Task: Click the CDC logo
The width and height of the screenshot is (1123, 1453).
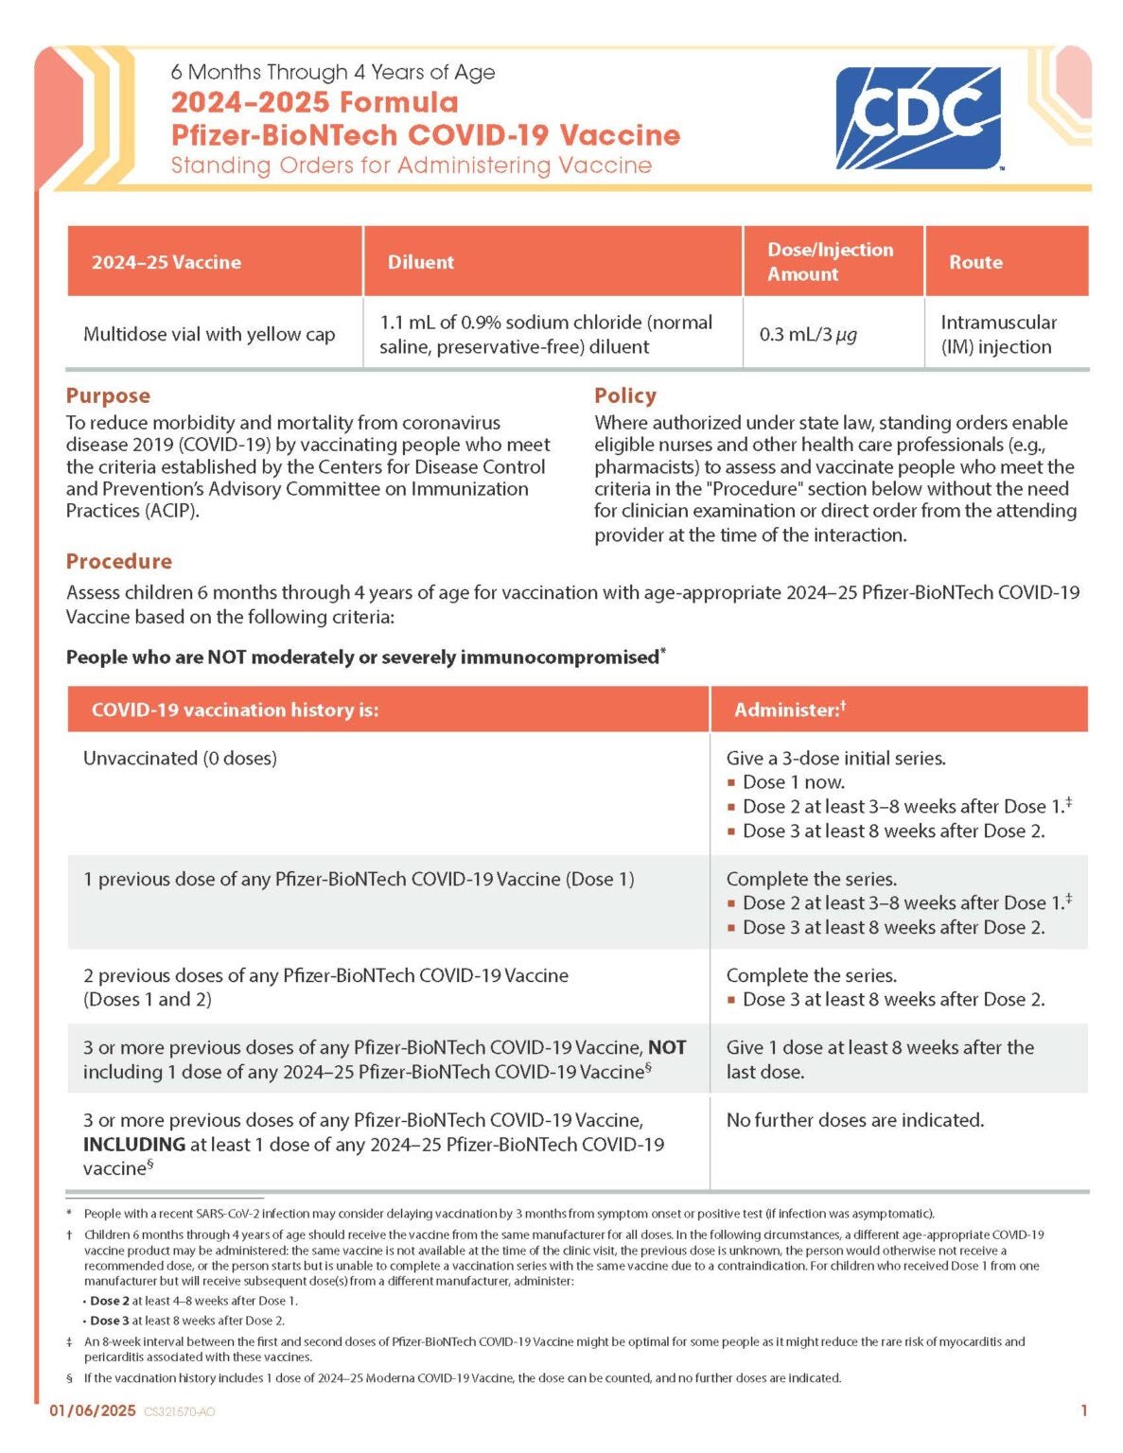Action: coord(917,117)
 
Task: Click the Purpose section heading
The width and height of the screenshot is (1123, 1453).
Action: coord(108,395)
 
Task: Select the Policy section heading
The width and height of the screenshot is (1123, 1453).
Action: coord(624,395)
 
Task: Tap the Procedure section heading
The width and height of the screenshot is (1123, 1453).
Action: coord(119,561)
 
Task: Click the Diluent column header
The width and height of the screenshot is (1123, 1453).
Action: coord(421,262)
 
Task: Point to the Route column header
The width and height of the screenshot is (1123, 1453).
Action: coord(975,262)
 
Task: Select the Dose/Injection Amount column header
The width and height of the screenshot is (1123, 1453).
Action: coord(830,262)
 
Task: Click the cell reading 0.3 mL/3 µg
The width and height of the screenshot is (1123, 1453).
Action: coord(808,334)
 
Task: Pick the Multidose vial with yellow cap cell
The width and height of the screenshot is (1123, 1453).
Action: coord(209,334)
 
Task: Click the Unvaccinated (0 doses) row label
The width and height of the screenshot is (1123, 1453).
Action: coord(180,758)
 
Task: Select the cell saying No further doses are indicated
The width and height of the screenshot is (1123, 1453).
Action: coord(854,1120)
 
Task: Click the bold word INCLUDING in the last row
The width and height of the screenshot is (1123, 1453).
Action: coord(133,1145)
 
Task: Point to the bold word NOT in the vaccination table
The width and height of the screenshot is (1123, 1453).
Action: coord(667,1047)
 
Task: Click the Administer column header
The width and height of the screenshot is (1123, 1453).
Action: coord(789,709)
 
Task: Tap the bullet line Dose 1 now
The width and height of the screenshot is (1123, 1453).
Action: coord(793,782)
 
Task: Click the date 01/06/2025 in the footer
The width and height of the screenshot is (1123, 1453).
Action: coord(93,1410)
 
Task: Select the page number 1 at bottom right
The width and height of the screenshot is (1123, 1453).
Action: coord(1084,1410)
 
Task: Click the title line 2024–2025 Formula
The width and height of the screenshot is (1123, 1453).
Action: coord(314,102)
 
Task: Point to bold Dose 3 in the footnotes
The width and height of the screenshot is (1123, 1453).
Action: coord(110,1321)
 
